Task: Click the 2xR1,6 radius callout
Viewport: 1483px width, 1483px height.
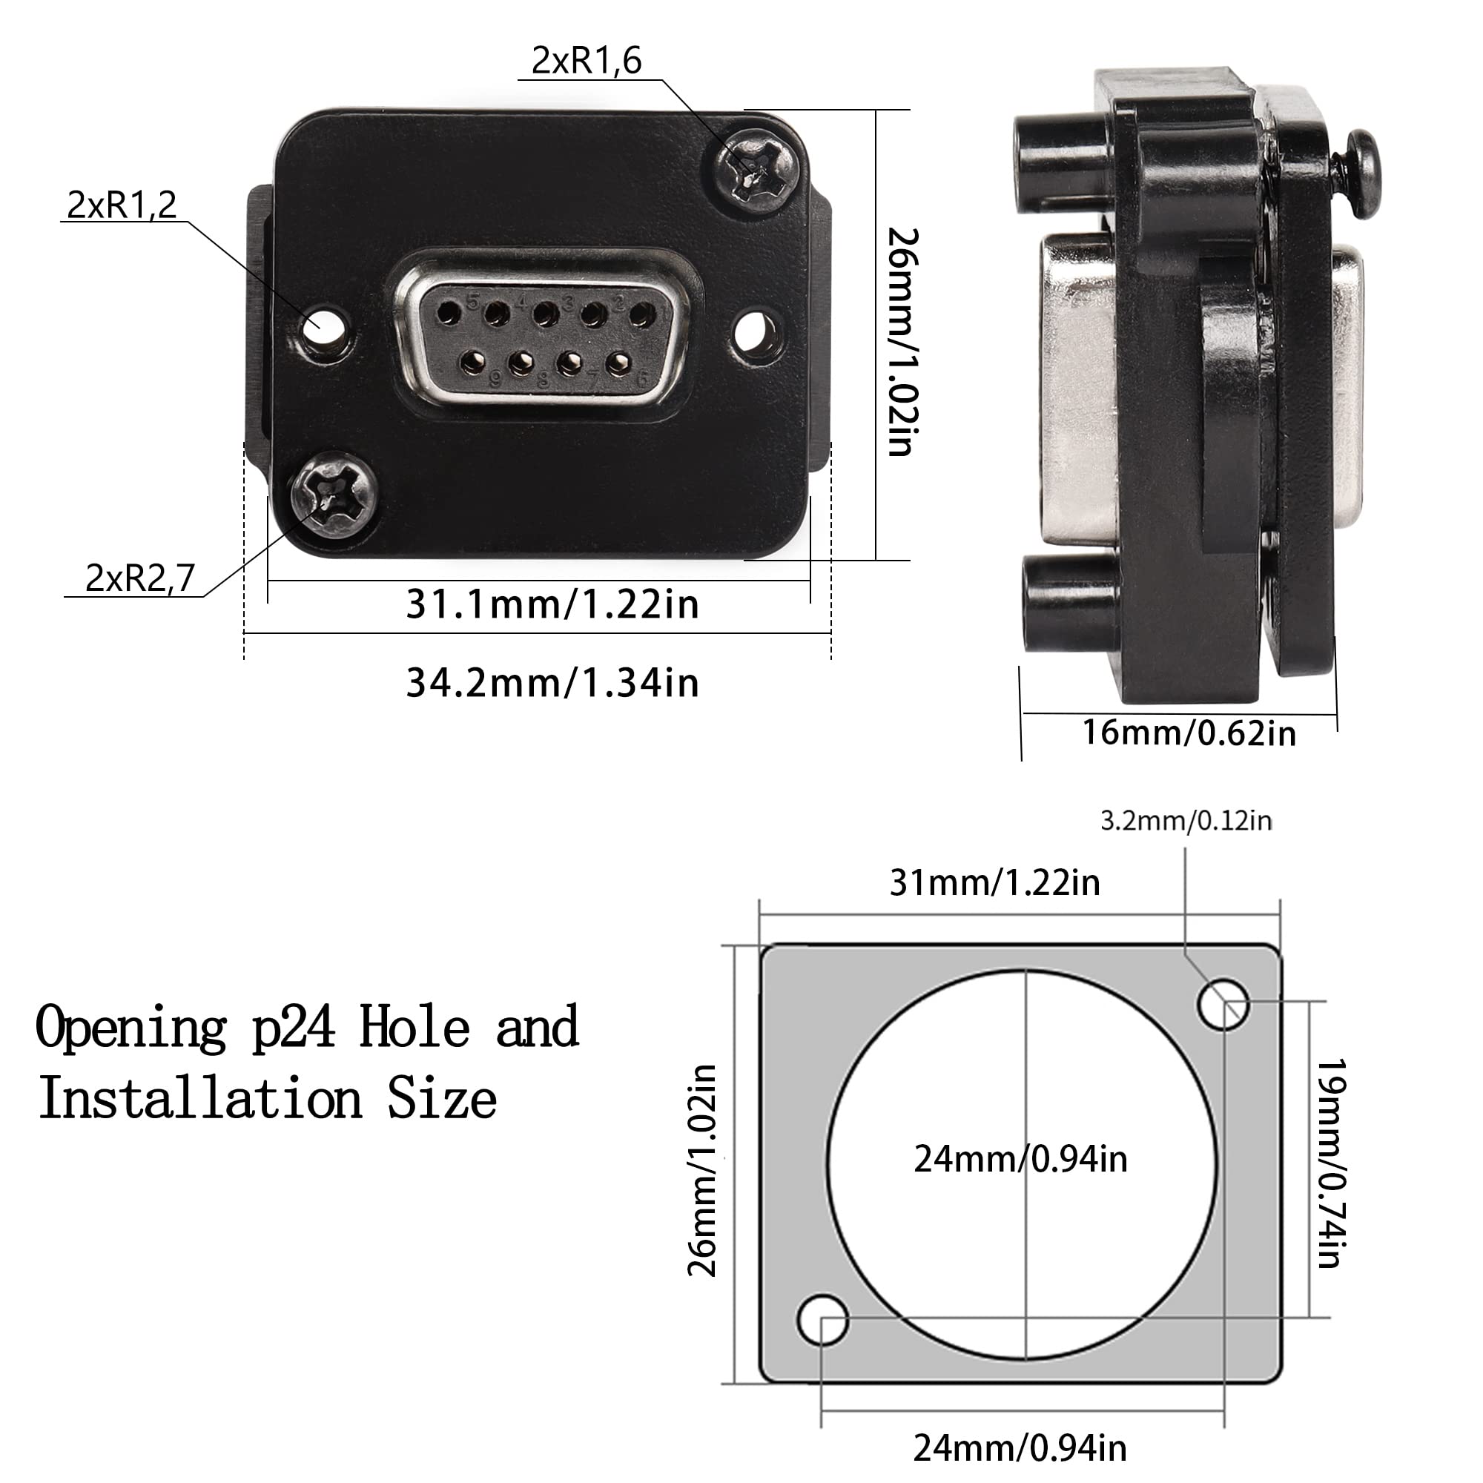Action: [587, 61]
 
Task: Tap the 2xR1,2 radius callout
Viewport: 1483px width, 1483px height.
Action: [122, 205]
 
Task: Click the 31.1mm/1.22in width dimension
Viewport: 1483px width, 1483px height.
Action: [552, 605]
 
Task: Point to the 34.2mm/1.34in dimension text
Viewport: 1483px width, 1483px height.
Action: [552, 682]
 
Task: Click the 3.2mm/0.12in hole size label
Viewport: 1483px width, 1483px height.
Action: [1186, 821]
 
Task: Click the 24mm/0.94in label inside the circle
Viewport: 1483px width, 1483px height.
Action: [1020, 1159]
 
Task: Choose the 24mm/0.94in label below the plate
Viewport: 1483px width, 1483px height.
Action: [1020, 1448]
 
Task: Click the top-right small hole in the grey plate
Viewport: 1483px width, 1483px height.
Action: [1223, 1004]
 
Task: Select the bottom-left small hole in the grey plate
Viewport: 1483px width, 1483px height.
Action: [823, 1321]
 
